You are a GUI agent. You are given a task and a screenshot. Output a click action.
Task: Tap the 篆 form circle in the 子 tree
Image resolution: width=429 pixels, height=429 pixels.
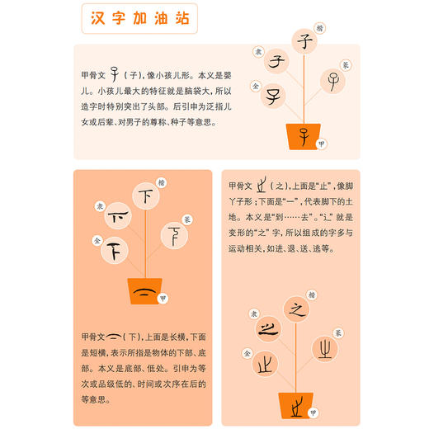[333, 80]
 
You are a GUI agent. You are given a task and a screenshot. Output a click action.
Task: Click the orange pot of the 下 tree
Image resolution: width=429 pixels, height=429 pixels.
[144, 291]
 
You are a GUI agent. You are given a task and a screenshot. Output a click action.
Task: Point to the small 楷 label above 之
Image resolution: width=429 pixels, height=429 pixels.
[312, 293]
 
